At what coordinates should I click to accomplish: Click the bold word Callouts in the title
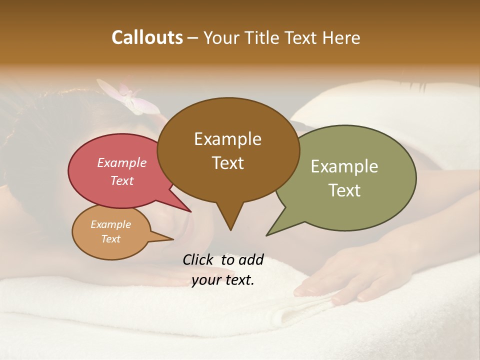[x=147, y=37]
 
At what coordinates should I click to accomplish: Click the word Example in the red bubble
[x=122, y=162]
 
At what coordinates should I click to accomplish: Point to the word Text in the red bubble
[x=122, y=180]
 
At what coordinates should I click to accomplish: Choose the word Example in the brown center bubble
[x=227, y=139]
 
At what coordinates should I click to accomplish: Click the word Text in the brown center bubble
[x=227, y=162]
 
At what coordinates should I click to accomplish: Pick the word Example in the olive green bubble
[x=344, y=166]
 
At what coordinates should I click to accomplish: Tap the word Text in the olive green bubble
[x=344, y=190]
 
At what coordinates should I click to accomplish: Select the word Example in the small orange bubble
[x=110, y=224]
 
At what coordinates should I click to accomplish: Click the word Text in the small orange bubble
[x=110, y=239]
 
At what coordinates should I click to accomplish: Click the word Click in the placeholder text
[x=198, y=260]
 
